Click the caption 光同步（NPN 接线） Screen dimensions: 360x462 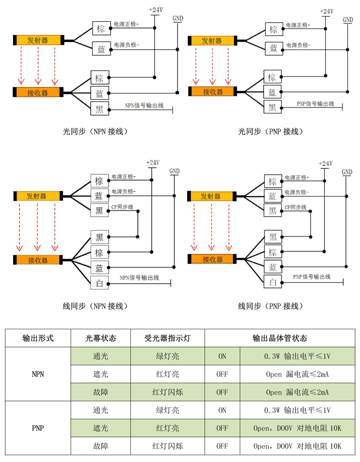point(95,131)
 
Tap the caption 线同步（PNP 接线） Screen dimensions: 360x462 point(271,306)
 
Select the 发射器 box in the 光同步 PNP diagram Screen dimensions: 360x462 point(212,41)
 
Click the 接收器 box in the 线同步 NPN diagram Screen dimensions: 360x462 point(38,260)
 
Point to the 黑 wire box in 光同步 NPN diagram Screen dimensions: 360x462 point(100,109)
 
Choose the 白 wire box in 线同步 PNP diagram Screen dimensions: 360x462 point(273,282)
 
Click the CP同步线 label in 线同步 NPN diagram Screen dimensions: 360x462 point(122,207)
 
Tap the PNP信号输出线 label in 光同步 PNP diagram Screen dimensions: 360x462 point(315,104)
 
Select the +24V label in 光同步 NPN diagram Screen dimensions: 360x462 point(156,10)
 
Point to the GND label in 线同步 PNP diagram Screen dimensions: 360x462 point(347,172)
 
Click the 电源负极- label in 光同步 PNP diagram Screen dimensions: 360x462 point(298,45)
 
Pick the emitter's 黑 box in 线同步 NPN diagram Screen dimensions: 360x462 point(100,210)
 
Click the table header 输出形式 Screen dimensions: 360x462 point(38,338)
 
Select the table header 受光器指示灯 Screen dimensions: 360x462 point(168,338)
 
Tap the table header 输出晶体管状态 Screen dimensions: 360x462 point(280,338)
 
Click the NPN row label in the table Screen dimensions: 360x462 point(38,374)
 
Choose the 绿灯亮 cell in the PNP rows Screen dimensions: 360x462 point(168,410)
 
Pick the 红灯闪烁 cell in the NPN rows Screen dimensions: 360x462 point(168,392)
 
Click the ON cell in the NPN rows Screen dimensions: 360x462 point(222,356)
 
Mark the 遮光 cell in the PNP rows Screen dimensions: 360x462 point(100,428)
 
